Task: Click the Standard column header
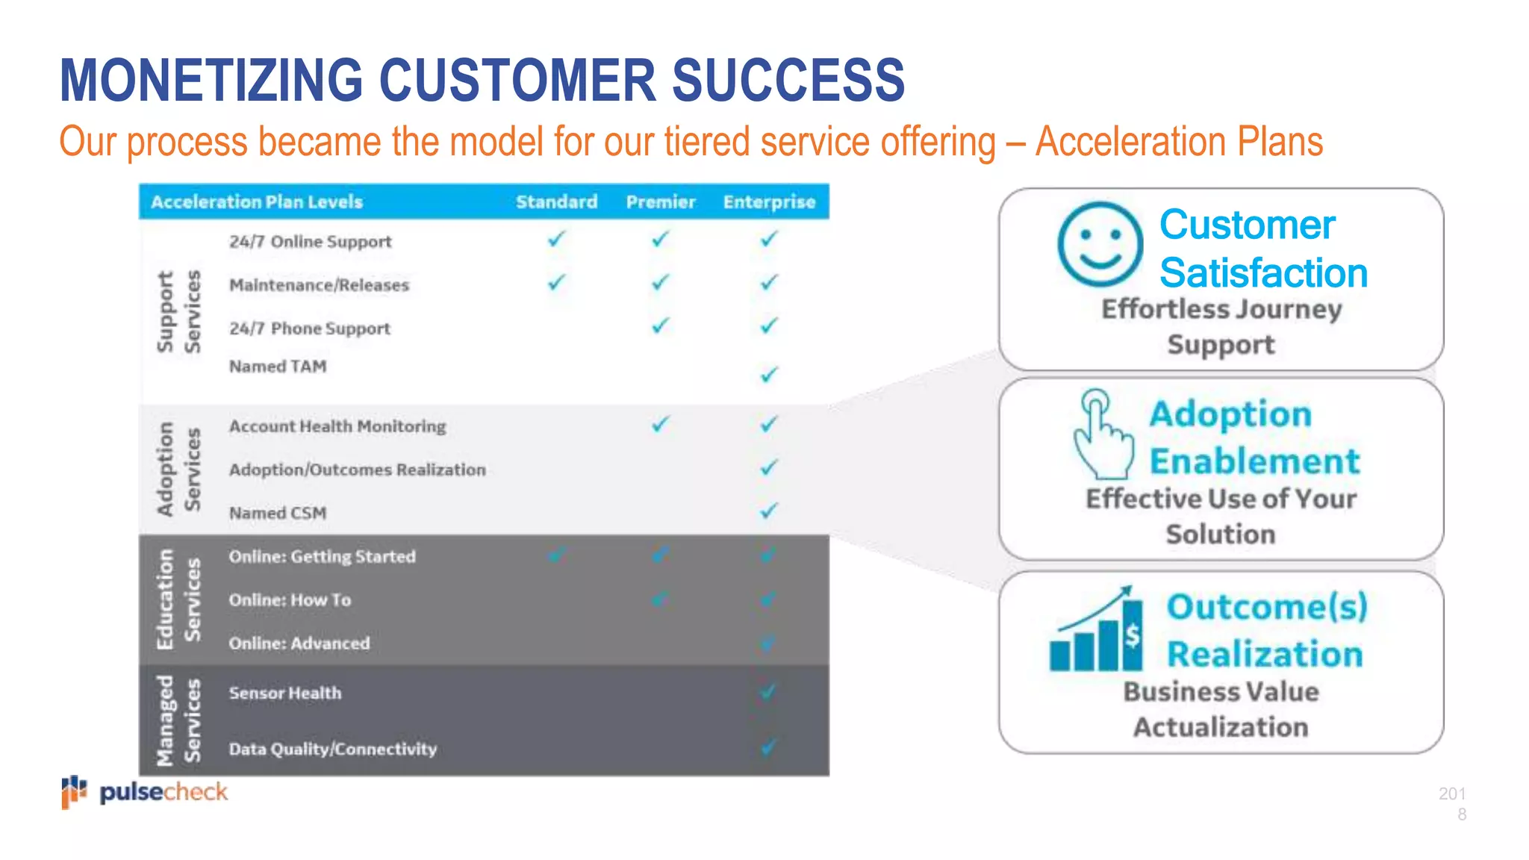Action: click(556, 202)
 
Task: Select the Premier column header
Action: click(660, 202)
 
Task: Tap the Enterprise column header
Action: click(769, 202)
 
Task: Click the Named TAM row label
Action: click(277, 367)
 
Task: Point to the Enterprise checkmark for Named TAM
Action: click(769, 373)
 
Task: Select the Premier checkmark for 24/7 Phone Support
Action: click(660, 325)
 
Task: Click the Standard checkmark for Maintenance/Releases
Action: click(556, 282)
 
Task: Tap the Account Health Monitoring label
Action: click(337, 426)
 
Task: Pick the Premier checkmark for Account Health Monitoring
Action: click(660, 424)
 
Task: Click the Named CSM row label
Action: click(277, 513)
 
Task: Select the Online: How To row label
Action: click(290, 600)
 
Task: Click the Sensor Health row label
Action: click(284, 693)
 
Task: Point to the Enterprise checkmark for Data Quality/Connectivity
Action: click(769, 747)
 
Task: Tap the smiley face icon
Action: click(1100, 244)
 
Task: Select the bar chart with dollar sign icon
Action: click(1096, 631)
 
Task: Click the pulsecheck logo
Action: click(145, 792)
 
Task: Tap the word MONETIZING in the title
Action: click(211, 80)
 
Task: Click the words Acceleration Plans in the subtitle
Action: click(1179, 141)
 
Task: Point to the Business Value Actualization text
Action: click(1221, 709)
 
